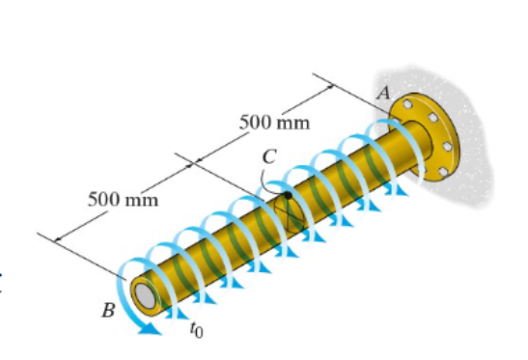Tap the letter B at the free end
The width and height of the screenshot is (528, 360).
click(x=109, y=311)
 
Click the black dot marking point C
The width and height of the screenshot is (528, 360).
click(x=287, y=196)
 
